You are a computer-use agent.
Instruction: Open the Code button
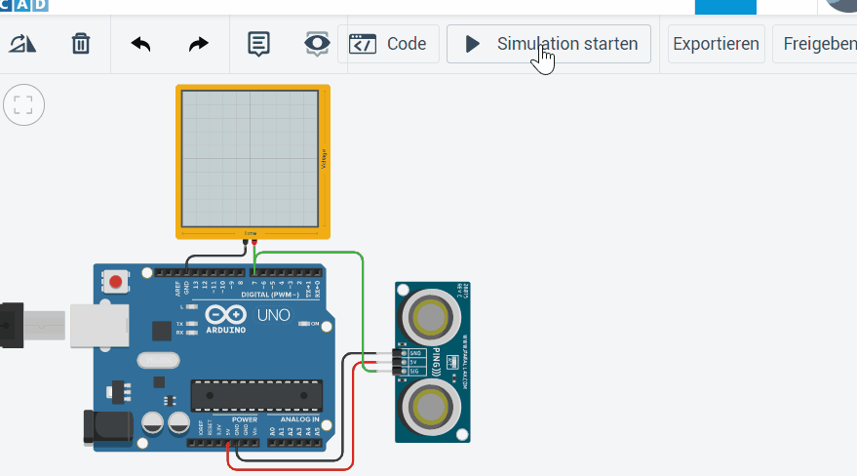(x=388, y=44)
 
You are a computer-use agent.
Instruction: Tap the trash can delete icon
(x=81, y=44)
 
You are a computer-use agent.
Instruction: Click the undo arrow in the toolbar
(x=141, y=44)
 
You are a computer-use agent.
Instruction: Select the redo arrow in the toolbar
(x=198, y=44)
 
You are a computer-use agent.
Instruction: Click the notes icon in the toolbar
(x=258, y=44)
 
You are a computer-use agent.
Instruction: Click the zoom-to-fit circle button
(x=23, y=104)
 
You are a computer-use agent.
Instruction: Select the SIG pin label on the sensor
(x=414, y=371)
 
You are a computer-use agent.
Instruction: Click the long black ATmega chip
(x=256, y=394)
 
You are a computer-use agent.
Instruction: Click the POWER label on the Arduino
(x=217, y=420)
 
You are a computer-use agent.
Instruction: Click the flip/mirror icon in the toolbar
(x=22, y=44)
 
